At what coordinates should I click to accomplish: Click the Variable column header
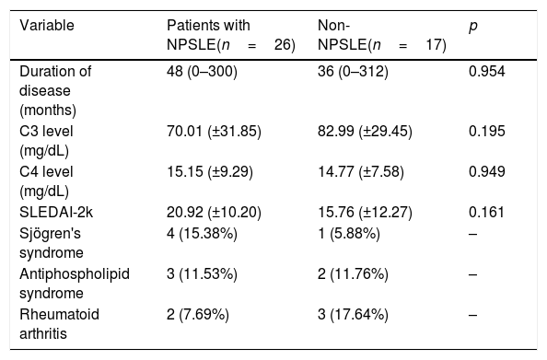[x=47, y=26]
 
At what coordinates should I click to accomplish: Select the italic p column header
[x=473, y=27]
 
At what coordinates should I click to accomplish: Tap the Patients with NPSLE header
[x=231, y=35]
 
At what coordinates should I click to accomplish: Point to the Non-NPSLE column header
[x=381, y=35]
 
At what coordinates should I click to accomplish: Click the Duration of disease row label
[x=55, y=91]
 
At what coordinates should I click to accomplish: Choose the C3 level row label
[x=46, y=141]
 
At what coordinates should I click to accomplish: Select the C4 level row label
[x=46, y=181]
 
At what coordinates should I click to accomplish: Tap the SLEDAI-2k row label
[x=56, y=213]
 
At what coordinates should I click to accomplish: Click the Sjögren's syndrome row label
[x=52, y=243]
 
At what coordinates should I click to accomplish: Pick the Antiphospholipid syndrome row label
[x=75, y=284]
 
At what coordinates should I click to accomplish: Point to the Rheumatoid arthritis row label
[x=59, y=324]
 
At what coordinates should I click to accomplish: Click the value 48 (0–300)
[x=202, y=72]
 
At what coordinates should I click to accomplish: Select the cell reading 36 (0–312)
[x=353, y=72]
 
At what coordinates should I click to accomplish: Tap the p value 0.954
[x=486, y=72]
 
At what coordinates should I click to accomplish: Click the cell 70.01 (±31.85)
[x=214, y=132]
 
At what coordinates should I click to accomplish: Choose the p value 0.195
[x=486, y=132]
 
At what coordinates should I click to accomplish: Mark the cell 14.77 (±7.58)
[x=361, y=172]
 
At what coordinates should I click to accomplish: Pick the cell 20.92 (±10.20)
[x=214, y=213]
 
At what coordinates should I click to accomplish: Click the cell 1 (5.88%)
[x=348, y=234]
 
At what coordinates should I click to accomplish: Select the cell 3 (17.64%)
[x=353, y=315]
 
